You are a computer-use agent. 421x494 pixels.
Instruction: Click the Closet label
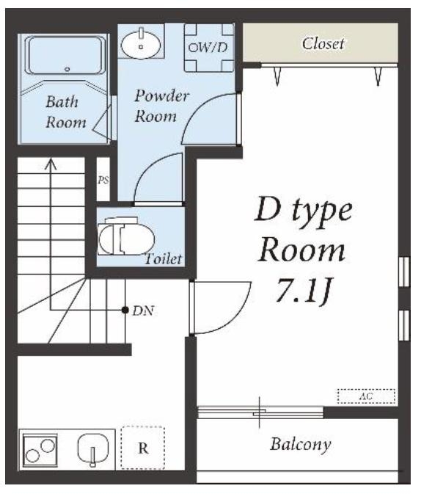[323, 43]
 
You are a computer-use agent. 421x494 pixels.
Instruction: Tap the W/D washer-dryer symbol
[209, 48]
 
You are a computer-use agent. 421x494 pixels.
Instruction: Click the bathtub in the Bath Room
[65, 56]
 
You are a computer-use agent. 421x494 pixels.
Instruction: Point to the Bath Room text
[65, 112]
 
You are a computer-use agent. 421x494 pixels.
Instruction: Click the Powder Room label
[161, 106]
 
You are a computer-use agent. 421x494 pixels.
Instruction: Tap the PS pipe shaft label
[103, 180]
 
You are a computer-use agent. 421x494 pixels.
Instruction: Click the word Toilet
[163, 258]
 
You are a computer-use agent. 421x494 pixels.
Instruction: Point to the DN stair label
[143, 311]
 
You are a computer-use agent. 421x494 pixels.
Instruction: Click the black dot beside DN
[125, 310]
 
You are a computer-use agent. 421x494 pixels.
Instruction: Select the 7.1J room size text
[304, 291]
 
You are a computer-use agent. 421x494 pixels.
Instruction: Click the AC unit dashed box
[366, 396]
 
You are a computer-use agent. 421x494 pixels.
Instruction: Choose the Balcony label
[301, 444]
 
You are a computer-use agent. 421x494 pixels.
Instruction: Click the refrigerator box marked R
[142, 448]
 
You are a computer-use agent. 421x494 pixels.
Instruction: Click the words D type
[303, 209]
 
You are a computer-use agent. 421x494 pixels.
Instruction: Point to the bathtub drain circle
[67, 69]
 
